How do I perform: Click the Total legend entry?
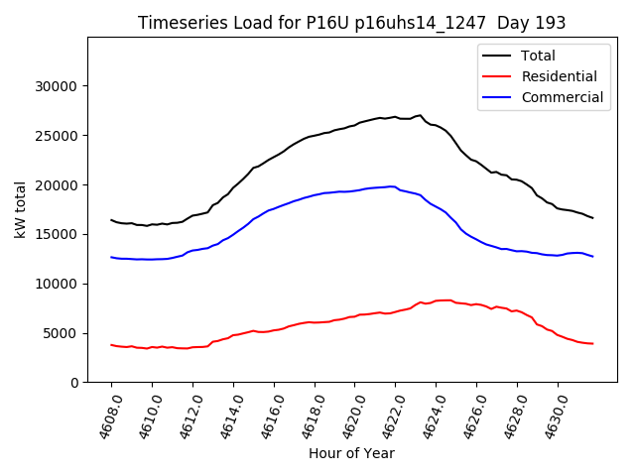coord(538,56)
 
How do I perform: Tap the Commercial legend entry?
coord(562,97)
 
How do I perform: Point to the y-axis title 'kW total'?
coord(20,209)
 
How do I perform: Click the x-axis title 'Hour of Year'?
coord(351,453)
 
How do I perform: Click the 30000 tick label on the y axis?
coord(56,86)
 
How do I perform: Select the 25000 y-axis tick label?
coord(56,136)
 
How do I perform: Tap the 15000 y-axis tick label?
coord(56,234)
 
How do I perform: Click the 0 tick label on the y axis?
coord(74,383)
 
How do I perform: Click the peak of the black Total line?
coord(419,115)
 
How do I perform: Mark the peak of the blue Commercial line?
coord(392,186)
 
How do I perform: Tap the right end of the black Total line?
coord(593,218)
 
